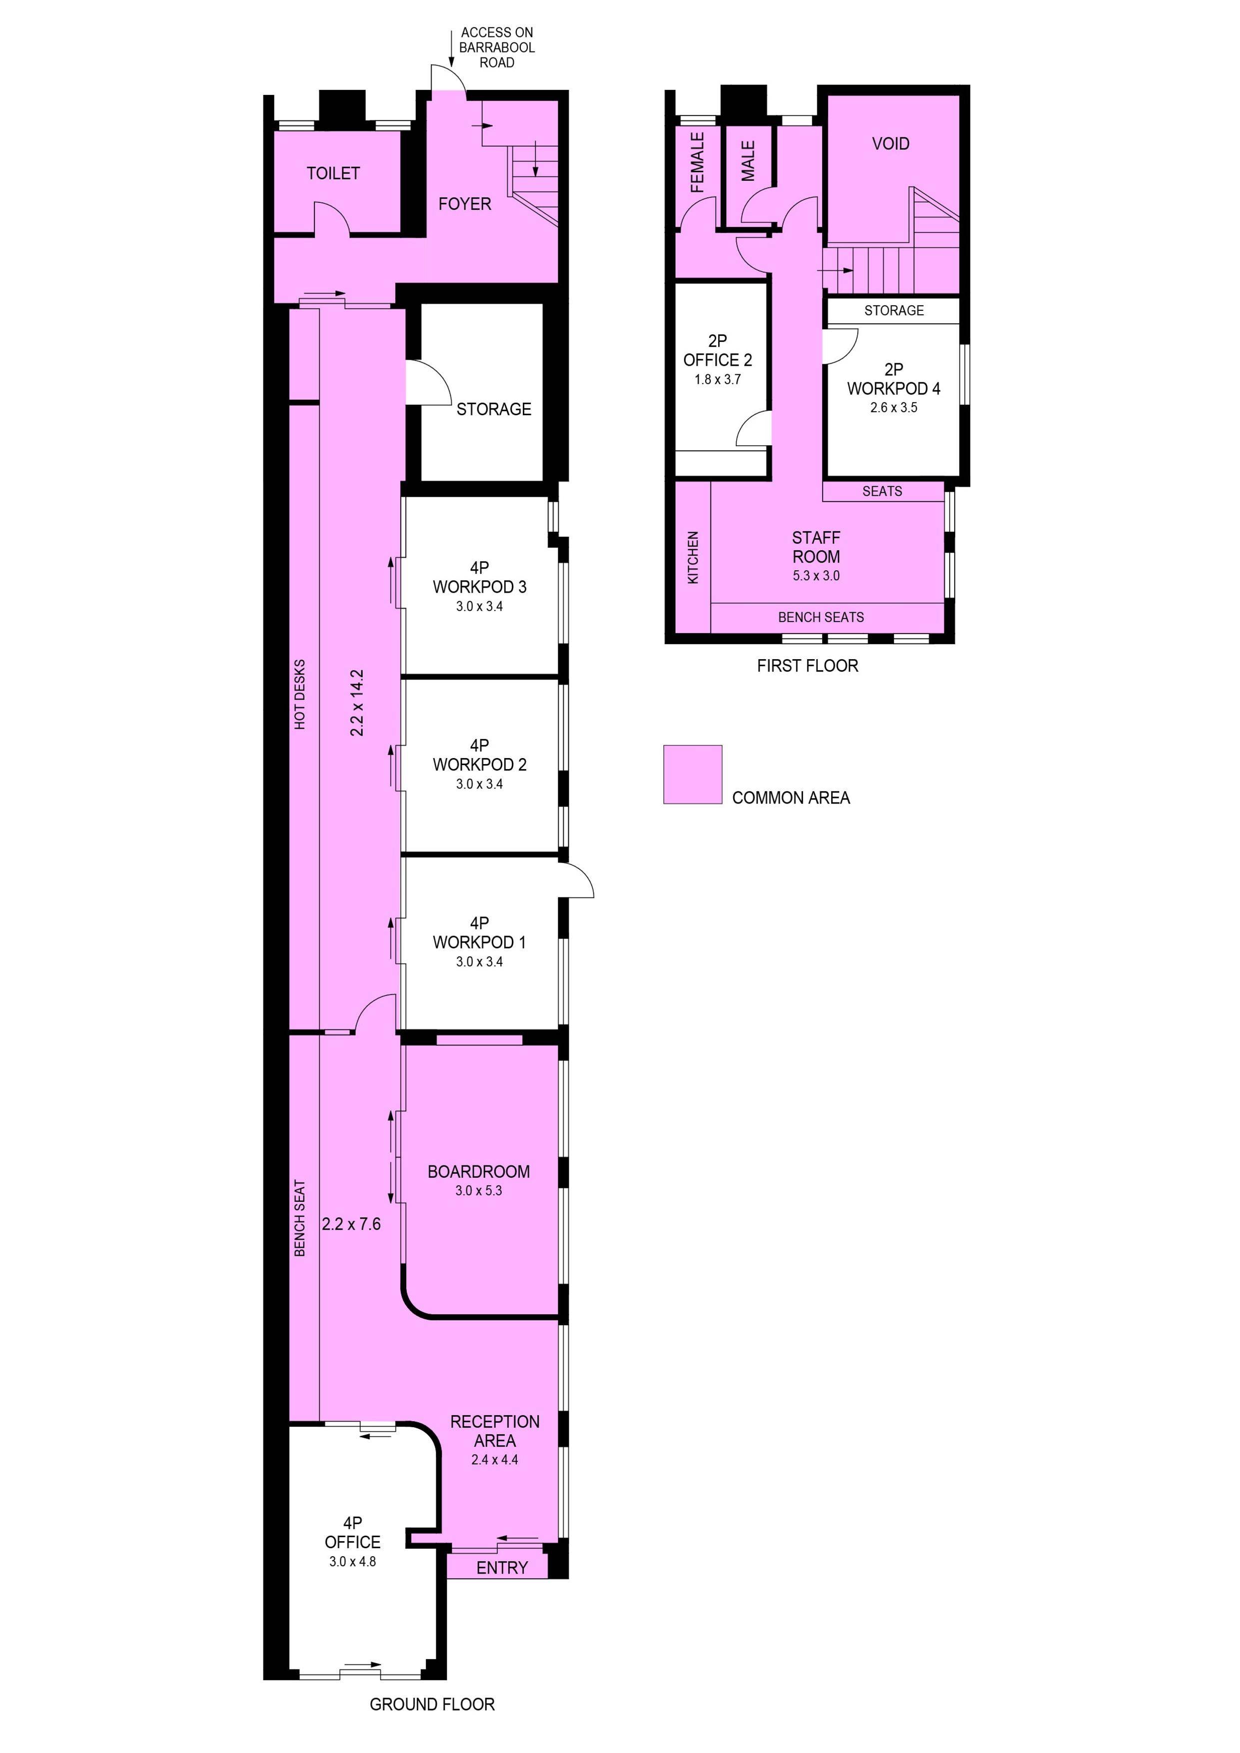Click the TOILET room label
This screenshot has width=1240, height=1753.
[333, 173]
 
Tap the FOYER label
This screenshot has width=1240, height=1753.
[464, 204]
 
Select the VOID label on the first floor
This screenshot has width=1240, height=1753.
[890, 143]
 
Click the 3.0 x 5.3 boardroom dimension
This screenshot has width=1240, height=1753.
[479, 1190]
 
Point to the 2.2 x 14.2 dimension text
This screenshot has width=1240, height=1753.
[356, 703]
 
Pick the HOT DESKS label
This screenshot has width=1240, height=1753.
[300, 694]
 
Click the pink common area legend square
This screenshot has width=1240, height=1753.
[692, 774]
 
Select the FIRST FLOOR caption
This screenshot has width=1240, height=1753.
[807, 666]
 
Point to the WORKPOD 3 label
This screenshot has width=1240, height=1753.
[479, 587]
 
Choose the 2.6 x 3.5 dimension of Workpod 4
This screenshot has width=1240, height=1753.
[893, 408]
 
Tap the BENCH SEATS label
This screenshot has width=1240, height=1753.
[821, 617]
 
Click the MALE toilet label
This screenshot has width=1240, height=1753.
[748, 161]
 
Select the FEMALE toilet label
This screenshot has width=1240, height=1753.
[696, 162]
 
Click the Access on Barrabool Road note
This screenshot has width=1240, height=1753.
[496, 47]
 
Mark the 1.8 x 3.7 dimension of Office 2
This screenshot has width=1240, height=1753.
[717, 379]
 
